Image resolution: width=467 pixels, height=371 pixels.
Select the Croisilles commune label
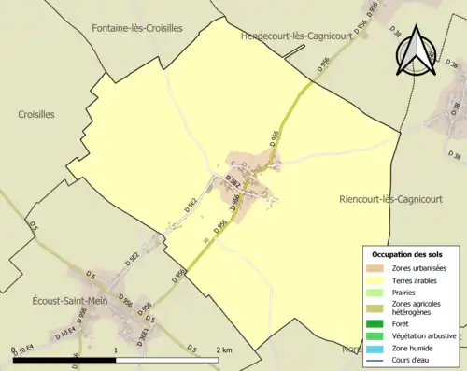coord(36,114)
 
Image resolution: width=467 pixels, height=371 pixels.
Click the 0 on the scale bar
coord(13,350)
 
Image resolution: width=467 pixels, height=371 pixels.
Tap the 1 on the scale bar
coord(115,349)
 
